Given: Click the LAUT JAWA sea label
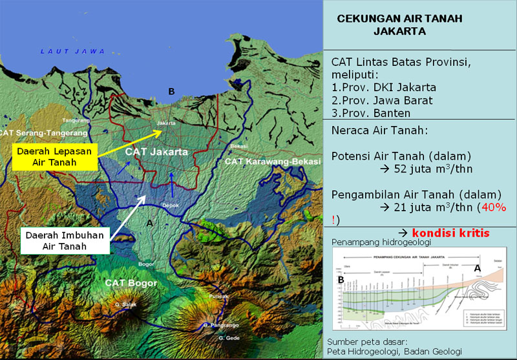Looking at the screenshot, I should coord(67,51).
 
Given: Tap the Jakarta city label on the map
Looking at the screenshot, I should coord(167,123).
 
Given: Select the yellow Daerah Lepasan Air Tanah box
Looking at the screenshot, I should coord(55,156).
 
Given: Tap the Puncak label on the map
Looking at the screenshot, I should coord(218,296).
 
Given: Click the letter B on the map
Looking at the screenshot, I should coord(171,92).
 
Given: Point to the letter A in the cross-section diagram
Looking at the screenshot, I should coord(478,267).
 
